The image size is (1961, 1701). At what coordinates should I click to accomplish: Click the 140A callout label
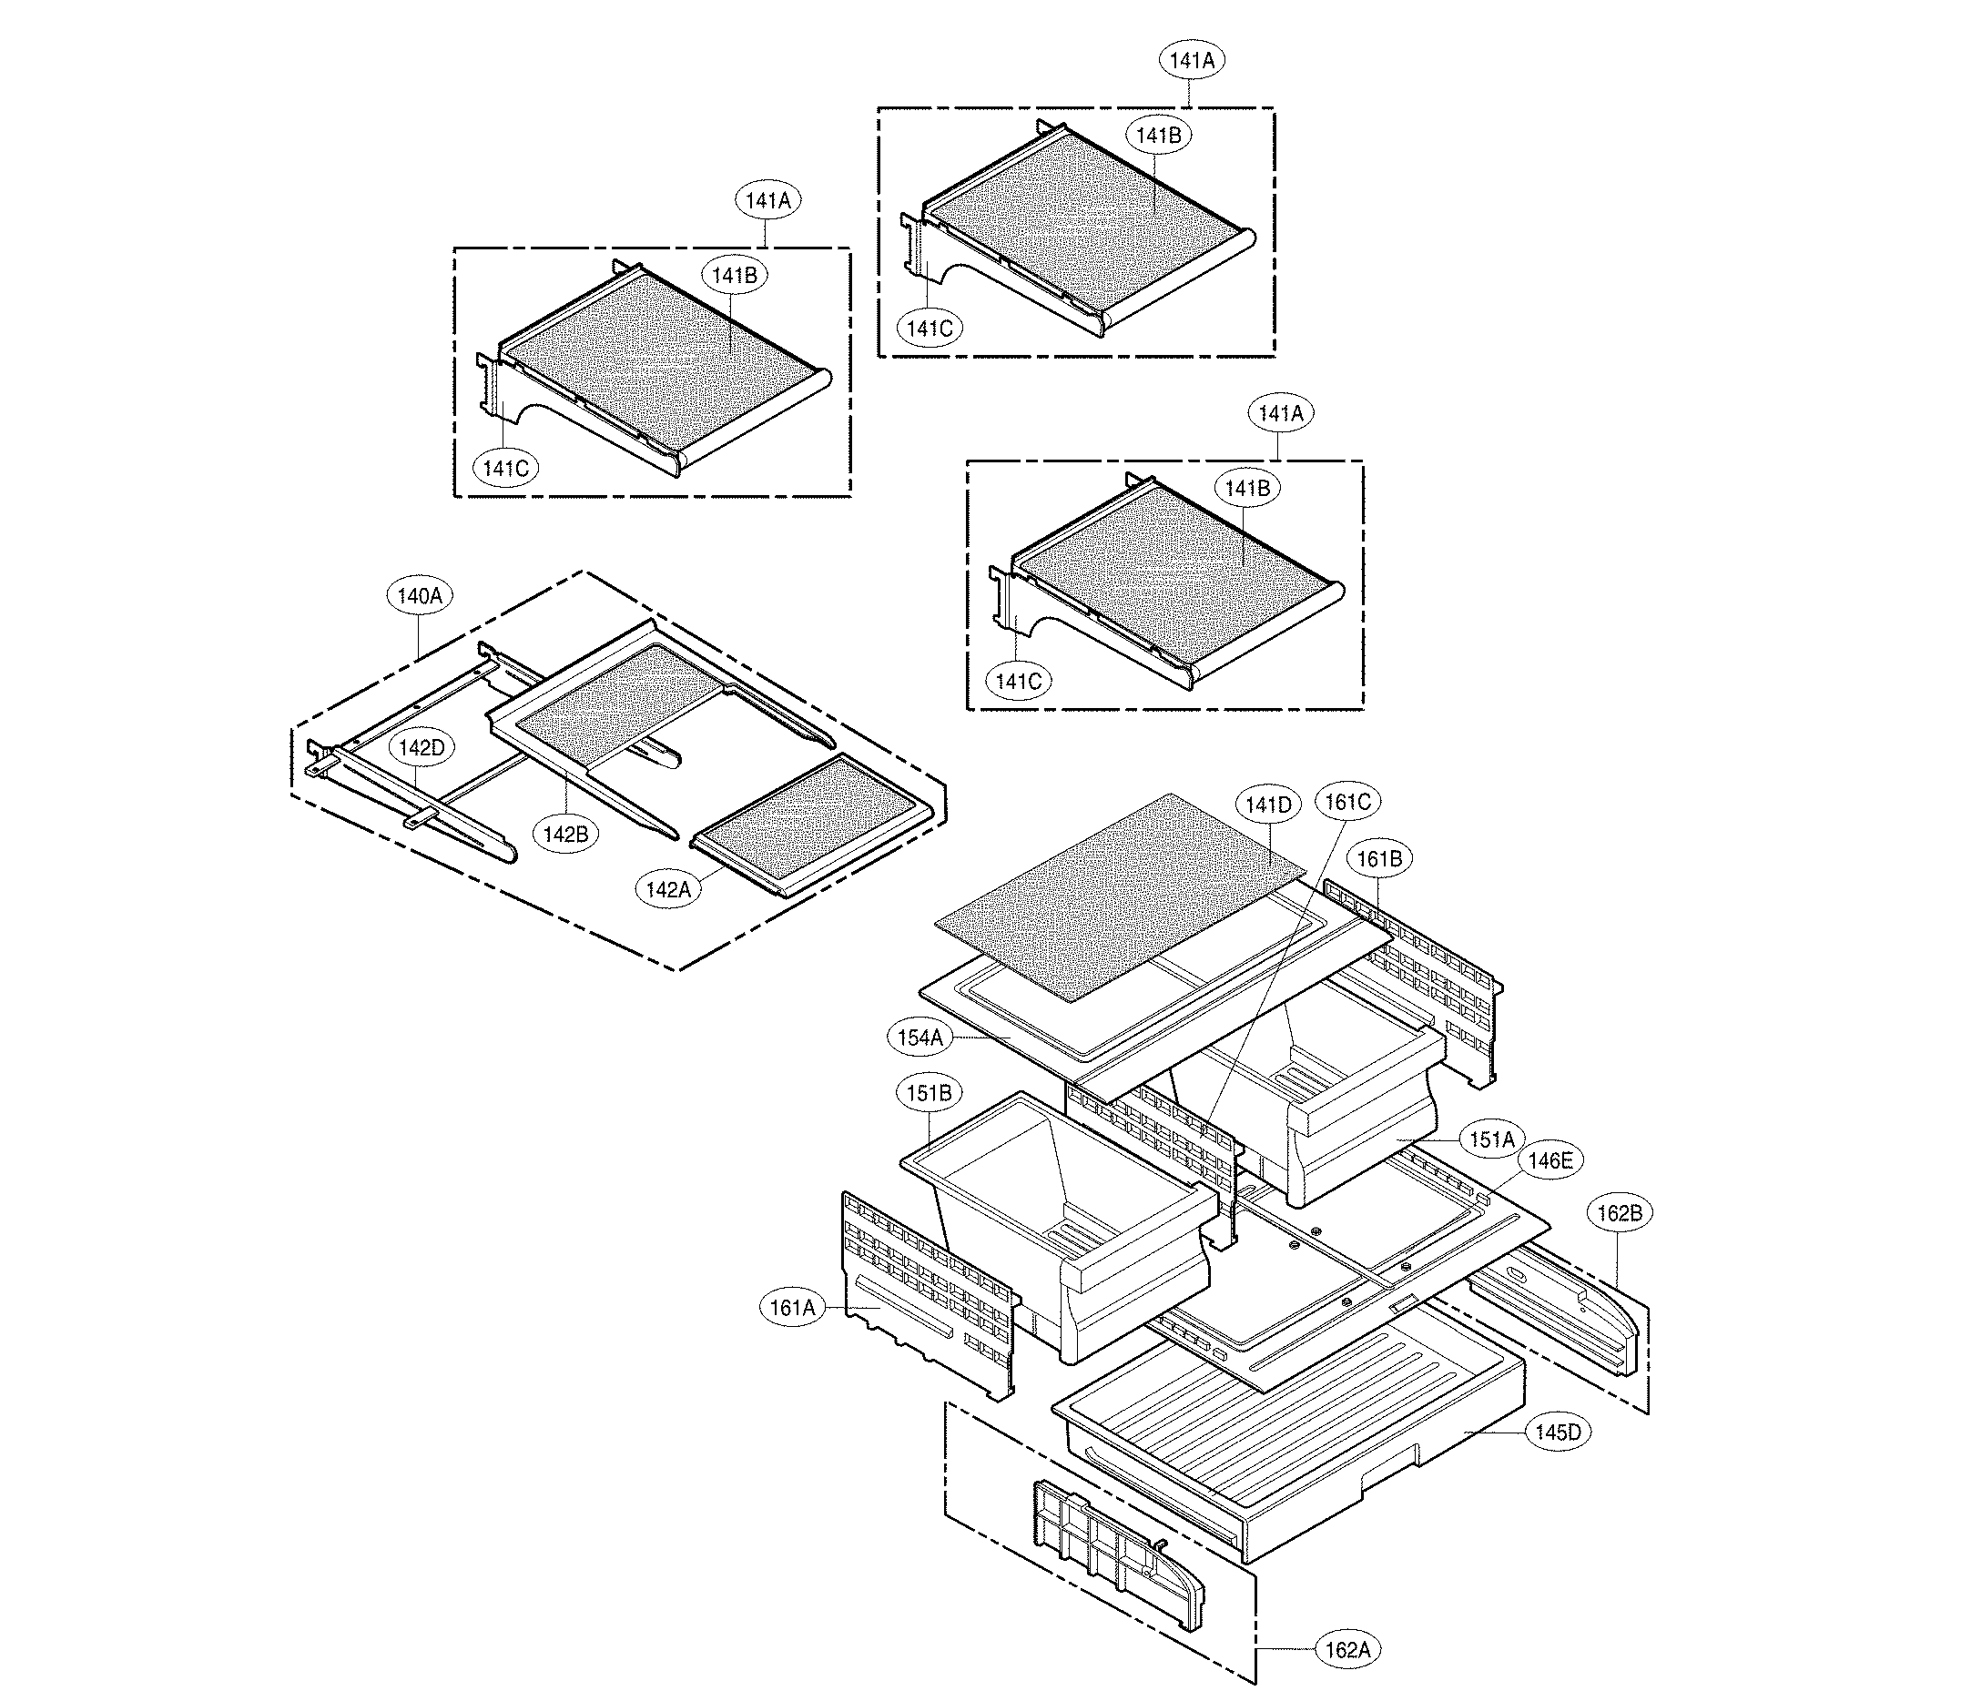[x=420, y=596]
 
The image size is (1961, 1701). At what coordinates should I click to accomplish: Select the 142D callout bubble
[x=421, y=748]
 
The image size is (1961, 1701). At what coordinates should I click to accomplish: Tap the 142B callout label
[x=566, y=835]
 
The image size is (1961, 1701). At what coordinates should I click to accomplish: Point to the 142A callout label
[x=667, y=889]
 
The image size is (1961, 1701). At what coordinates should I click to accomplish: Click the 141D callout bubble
[x=1269, y=805]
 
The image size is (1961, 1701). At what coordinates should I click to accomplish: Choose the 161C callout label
[x=1347, y=802]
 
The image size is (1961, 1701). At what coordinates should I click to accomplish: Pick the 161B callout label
[x=1379, y=859]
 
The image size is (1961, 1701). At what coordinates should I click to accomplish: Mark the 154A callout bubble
[x=920, y=1038]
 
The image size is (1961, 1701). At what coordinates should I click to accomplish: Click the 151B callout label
[x=929, y=1094]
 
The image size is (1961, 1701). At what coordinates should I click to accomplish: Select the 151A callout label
[x=1492, y=1139]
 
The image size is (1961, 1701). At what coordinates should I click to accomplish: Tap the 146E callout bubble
[x=1549, y=1160]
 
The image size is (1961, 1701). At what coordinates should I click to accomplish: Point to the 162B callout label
[x=1621, y=1213]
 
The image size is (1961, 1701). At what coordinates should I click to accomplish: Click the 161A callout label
[x=792, y=1308]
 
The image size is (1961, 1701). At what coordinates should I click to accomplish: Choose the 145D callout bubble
[x=1558, y=1433]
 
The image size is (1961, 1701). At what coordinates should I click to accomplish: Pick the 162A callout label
[x=1347, y=1651]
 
